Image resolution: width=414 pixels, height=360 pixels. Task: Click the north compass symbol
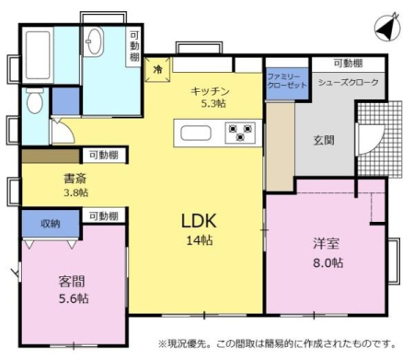(387, 28)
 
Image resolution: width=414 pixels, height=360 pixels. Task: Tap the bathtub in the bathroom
(38, 55)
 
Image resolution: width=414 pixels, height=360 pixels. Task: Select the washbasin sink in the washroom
(94, 41)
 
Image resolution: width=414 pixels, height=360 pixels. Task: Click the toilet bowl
(34, 100)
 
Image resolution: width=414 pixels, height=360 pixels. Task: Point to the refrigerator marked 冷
(157, 70)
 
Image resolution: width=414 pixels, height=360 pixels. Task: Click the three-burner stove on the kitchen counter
(240, 133)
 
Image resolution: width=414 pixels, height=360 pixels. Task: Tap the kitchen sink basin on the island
(196, 134)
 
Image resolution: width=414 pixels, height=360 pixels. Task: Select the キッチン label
(210, 91)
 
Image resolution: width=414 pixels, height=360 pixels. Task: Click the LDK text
(199, 221)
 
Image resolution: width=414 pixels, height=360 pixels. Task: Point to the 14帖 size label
(200, 240)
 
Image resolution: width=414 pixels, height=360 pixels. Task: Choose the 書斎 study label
(75, 179)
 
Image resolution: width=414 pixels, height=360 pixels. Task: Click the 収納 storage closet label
(51, 224)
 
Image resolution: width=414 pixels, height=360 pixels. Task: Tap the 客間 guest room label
(72, 281)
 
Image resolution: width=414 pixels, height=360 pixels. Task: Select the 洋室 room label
(326, 243)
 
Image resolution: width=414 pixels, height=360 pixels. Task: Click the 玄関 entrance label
(324, 140)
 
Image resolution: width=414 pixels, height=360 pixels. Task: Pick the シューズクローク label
(349, 82)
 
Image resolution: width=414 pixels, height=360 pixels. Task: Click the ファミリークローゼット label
(287, 80)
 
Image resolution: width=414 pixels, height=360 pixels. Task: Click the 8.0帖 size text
(328, 263)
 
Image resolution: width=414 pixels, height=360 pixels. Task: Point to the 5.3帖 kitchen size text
(213, 103)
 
